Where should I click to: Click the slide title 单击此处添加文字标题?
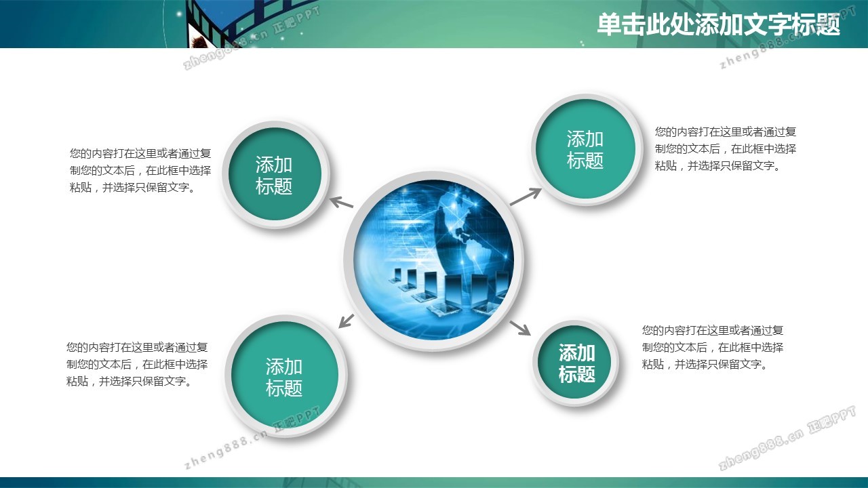[718, 25]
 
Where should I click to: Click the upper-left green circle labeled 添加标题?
[275, 175]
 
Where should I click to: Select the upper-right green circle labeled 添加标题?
[586, 150]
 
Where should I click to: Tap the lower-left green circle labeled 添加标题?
[285, 375]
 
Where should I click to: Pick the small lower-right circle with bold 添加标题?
[576, 363]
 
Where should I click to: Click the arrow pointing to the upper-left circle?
[341, 202]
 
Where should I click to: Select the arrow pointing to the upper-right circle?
[526, 197]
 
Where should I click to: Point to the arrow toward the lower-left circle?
[347, 321]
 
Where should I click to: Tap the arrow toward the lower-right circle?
[520, 327]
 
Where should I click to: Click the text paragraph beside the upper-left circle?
[140, 170]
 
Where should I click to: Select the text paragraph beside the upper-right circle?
[726, 148]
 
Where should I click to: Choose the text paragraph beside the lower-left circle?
[137, 364]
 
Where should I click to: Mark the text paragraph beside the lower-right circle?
[713, 348]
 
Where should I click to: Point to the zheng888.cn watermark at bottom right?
[787, 438]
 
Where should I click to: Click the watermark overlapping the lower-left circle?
[252, 438]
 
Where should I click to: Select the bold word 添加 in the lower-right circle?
[576, 353]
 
